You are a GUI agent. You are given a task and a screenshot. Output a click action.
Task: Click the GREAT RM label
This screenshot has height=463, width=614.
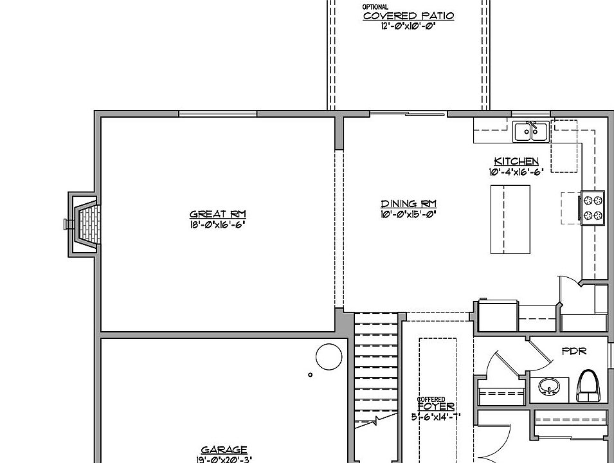[x=217, y=215]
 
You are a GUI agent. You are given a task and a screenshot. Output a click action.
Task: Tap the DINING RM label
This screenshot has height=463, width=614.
[x=408, y=204]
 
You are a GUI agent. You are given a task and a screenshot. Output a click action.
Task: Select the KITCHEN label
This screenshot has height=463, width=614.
[x=516, y=161]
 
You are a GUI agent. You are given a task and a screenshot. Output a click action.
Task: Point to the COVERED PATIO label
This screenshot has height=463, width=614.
[x=408, y=16]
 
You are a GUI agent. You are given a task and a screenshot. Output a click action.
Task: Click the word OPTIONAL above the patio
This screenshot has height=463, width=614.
[x=375, y=7]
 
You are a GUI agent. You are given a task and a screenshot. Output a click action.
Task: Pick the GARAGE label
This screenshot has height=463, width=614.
[x=224, y=450]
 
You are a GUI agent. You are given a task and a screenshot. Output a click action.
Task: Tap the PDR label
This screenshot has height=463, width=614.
[x=573, y=352]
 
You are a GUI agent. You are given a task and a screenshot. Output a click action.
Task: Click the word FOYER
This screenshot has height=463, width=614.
[x=436, y=407]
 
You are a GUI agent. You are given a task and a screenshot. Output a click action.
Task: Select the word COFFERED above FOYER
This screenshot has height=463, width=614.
[x=431, y=400]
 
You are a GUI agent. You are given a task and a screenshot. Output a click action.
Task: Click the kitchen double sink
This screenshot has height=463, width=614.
[x=530, y=132]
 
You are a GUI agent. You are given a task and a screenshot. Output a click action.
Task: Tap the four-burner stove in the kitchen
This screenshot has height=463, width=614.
[x=593, y=208]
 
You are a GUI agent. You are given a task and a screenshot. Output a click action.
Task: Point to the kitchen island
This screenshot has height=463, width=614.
[x=510, y=219]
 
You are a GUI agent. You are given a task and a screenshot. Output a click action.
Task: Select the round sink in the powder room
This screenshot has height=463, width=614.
[x=548, y=386]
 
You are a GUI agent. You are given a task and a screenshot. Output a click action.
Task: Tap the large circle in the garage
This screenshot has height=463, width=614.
[x=328, y=355]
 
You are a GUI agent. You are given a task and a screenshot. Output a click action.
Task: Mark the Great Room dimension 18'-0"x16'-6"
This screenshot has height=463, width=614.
[x=217, y=224]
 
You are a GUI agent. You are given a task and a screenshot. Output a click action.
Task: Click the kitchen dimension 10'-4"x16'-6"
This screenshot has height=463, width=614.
[x=516, y=172]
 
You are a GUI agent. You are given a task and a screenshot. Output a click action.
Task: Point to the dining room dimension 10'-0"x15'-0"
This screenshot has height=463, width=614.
[x=408, y=215]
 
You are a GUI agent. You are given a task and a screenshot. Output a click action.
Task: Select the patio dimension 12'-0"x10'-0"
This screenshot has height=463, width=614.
[x=408, y=26]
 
